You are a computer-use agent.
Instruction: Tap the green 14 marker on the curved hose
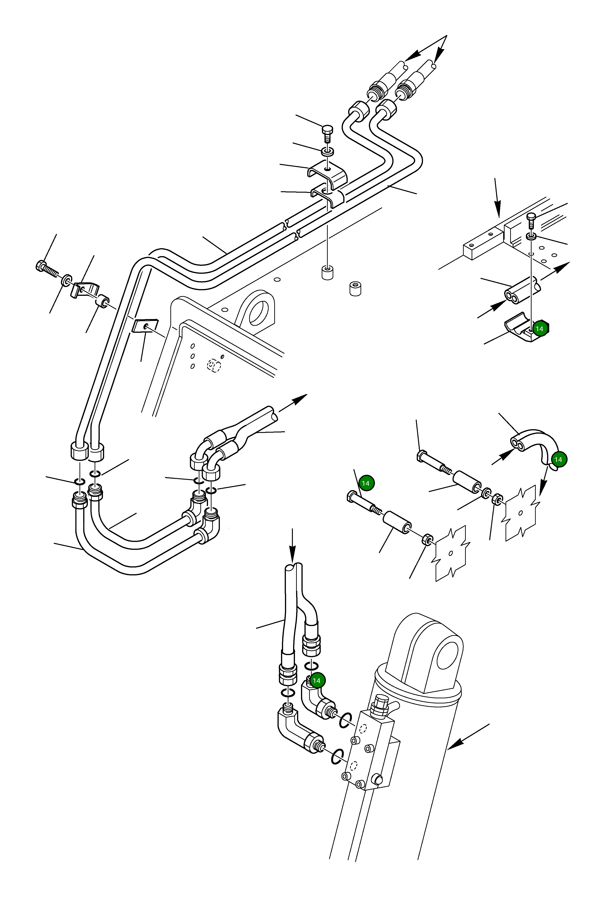(x=558, y=459)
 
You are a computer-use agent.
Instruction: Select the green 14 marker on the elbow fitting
(x=316, y=681)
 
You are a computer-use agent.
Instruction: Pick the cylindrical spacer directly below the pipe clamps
(x=327, y=272)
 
